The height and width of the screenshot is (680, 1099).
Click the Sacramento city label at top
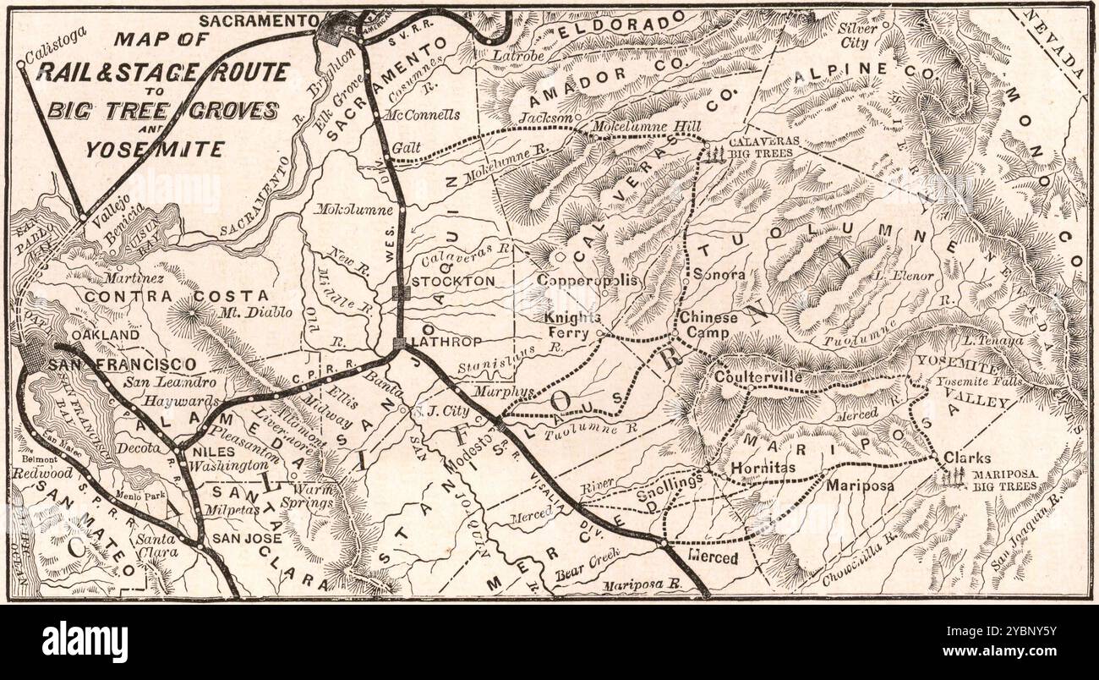[259, 19]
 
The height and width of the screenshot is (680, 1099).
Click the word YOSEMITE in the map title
[154, 150]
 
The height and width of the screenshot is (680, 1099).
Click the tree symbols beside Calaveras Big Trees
[715, 152]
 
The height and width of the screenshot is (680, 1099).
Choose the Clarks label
[967, 458]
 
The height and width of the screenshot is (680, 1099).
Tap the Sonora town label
[719, 274]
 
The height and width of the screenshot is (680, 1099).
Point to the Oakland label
[104, 335]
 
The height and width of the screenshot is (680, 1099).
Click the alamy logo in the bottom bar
[85, 641]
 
